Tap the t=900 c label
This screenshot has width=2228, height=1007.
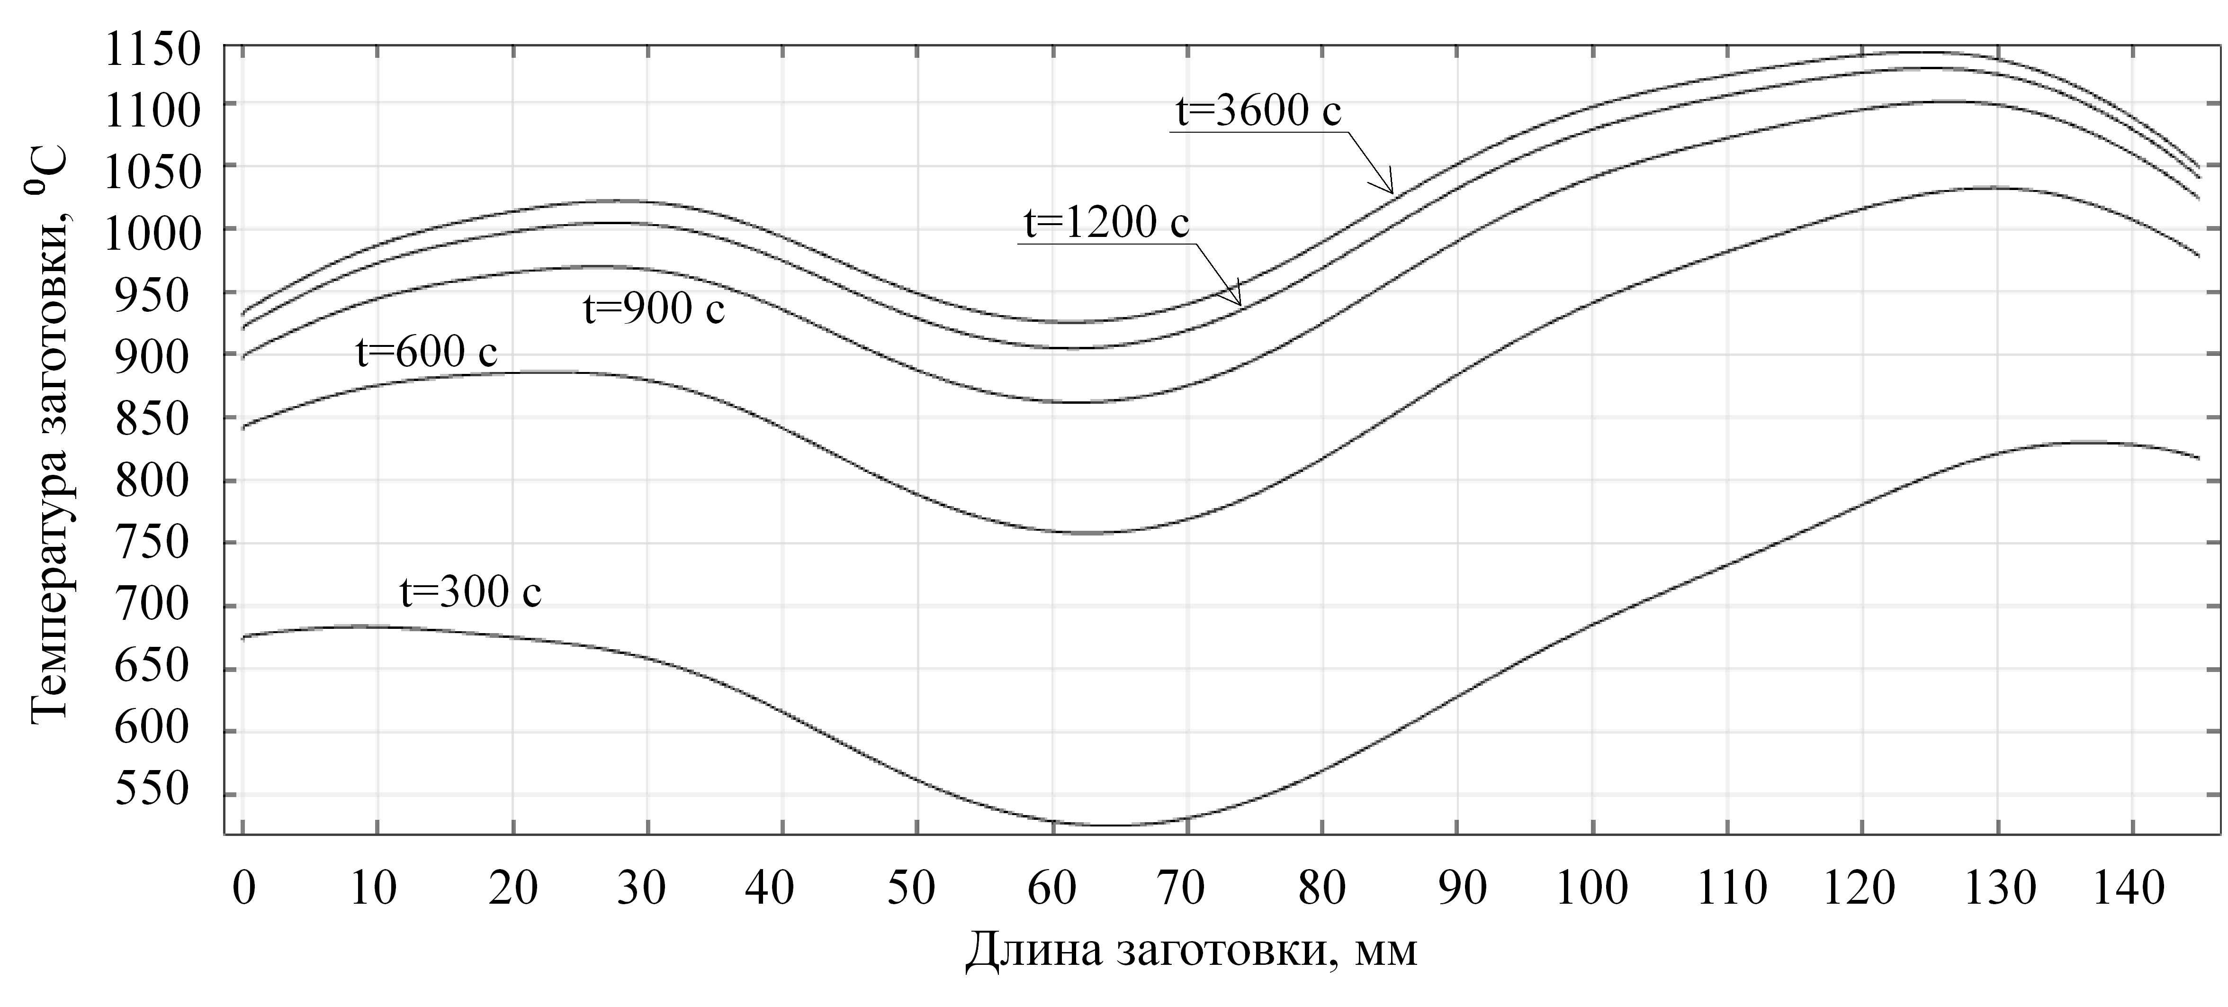[654, 309]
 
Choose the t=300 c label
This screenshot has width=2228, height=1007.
[470, 593]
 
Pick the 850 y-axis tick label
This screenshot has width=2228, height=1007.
[152, 419]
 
